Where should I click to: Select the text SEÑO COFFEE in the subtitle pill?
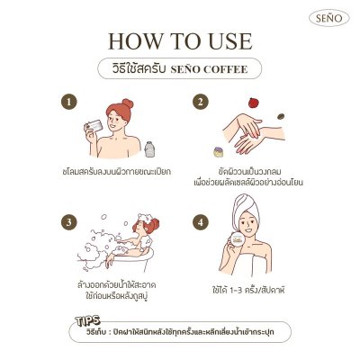click(198, 69)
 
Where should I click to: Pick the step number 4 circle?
click(202, 221)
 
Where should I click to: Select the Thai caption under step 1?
click(117, 170)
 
